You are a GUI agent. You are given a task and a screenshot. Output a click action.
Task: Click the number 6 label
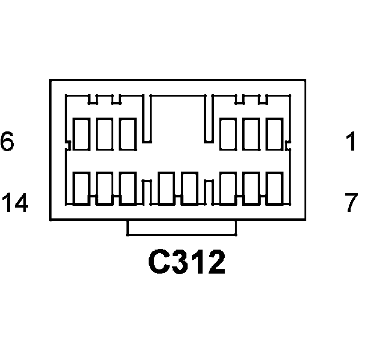click(x=7, y=143)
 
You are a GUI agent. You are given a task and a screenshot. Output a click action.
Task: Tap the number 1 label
click(x=351, y=143)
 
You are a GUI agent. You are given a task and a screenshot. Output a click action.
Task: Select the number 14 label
click(x=15, y=203)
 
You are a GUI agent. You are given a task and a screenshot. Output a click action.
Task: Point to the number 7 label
click(x=351, y=203)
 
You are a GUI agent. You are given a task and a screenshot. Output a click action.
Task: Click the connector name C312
click(x=187, y=262)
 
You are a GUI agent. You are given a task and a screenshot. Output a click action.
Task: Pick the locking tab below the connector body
click(x=181, y=228)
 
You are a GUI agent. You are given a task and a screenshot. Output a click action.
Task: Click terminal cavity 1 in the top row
click(x=275, y=134)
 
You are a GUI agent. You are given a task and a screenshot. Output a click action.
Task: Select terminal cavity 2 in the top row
click(x=252, y=134)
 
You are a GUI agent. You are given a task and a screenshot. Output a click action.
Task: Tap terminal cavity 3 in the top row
click(x=229, y=134)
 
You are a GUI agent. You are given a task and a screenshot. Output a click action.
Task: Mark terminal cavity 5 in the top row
click(x=105, y=134)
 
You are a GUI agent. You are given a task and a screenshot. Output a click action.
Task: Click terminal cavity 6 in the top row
click(x=82, y=134)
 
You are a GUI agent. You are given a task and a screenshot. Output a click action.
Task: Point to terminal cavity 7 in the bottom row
click(x=275, y=188)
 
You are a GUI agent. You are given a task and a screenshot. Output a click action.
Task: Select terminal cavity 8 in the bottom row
click(x=252, y=188)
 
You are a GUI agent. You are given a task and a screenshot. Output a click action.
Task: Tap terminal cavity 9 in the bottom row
click(x=229, y=188)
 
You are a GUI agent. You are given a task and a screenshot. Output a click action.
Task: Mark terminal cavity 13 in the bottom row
click(x=105, y=188)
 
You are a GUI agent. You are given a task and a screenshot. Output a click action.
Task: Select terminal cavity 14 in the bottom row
click(x=82, y=188)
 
